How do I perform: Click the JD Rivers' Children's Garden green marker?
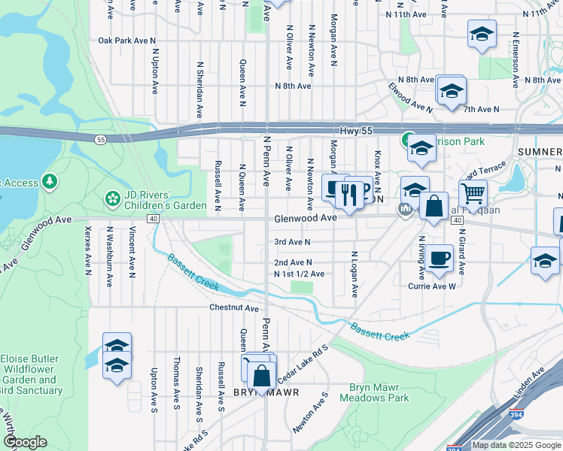click(x=112, y=199)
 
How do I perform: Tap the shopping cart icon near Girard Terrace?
click(x=473, y=193)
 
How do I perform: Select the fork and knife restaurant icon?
click(x=348, y=195)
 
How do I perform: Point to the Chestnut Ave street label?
click(x=234, y=308)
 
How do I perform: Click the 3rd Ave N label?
click(x=292, y=242)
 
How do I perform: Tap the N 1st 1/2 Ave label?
click(x=300, y=274)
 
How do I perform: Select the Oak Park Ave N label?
click(x=126, y=41)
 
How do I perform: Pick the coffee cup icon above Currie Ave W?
click(x=439, y=258)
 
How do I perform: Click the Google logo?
click(x=25, y=442)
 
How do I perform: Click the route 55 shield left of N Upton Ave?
click(x=100, y=139)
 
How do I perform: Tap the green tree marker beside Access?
click(x=50, y=180)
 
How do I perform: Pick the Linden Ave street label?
click(x=528, y=387)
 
